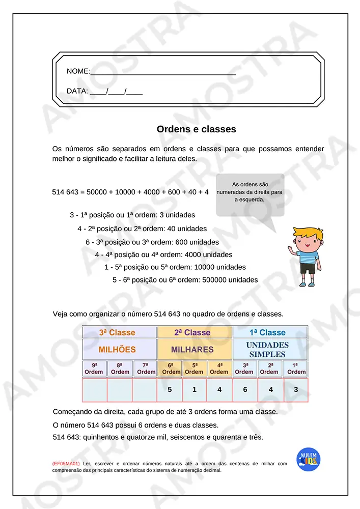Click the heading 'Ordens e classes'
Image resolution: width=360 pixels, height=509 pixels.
[x=196, y=129]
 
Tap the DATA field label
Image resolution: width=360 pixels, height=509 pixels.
[x=77, y=92]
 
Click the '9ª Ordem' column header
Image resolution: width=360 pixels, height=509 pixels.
[x=94, y=369]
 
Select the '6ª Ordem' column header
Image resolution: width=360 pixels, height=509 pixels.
[x=170, y=369]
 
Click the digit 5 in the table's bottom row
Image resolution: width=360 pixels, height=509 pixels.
[x=170, y=390]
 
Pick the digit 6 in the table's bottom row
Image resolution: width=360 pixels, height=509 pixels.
[x=245, y=390]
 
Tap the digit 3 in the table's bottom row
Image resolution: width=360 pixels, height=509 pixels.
[x=296, y=390]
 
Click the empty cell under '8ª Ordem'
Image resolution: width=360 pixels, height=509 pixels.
[x=120, y=390]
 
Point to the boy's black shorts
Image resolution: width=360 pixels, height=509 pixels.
[x=308, y=268]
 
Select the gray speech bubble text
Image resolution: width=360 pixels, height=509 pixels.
[x=250, y=192]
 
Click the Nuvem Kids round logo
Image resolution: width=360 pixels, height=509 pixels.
[x=308, y=460]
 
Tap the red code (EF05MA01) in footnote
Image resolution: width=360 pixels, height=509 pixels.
[x=66, y=464]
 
